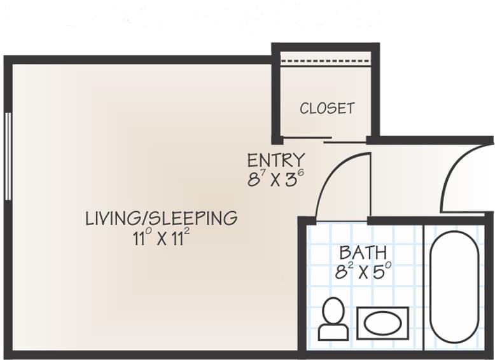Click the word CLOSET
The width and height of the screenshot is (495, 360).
(x=326, y=108)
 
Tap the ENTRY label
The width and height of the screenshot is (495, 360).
(x=275, y=160)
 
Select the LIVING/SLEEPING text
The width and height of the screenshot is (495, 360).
(x=161, y=218)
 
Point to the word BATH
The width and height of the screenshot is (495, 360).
(x=362, y=253)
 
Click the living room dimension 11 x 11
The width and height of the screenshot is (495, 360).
(x=161, y=239)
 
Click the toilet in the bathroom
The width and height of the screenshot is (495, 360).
(x=333, y=319)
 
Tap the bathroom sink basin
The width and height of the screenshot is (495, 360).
(x=382, y=323)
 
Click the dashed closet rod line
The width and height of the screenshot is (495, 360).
(x=326, y=62)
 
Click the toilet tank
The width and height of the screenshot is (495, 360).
(x=333, y=332)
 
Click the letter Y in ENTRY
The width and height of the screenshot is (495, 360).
(x=300, y=160)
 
